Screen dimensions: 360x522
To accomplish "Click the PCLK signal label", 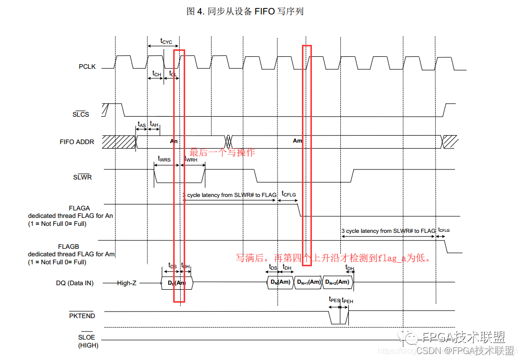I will pos(87,66).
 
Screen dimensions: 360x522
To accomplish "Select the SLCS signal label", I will pos(81,114).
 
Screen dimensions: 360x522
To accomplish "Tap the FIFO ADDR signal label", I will pos(77,142).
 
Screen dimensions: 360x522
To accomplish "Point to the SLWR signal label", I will pos(82,177).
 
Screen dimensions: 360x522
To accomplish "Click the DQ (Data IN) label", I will pos(74,283).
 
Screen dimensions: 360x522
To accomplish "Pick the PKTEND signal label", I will pos(82,316).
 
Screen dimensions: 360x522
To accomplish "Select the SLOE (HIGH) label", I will pos(88,341).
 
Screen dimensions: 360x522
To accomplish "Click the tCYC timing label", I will pos(166,41).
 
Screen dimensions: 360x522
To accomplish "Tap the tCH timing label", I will pos(156,74).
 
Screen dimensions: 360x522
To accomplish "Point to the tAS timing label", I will pos(142,124).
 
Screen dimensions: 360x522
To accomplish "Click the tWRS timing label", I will pos(164,159).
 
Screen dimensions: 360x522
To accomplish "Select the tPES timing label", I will pos(334,300).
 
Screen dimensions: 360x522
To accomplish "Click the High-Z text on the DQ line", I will pos(127,283).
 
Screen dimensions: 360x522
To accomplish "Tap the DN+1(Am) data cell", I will pos(309,283).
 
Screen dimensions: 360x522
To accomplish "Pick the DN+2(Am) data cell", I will pos(337,283).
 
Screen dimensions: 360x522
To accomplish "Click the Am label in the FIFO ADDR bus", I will pos(297,141).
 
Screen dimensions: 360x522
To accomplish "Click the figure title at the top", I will pos(245,11).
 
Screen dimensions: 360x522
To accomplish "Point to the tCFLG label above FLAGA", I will pos(288,193).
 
